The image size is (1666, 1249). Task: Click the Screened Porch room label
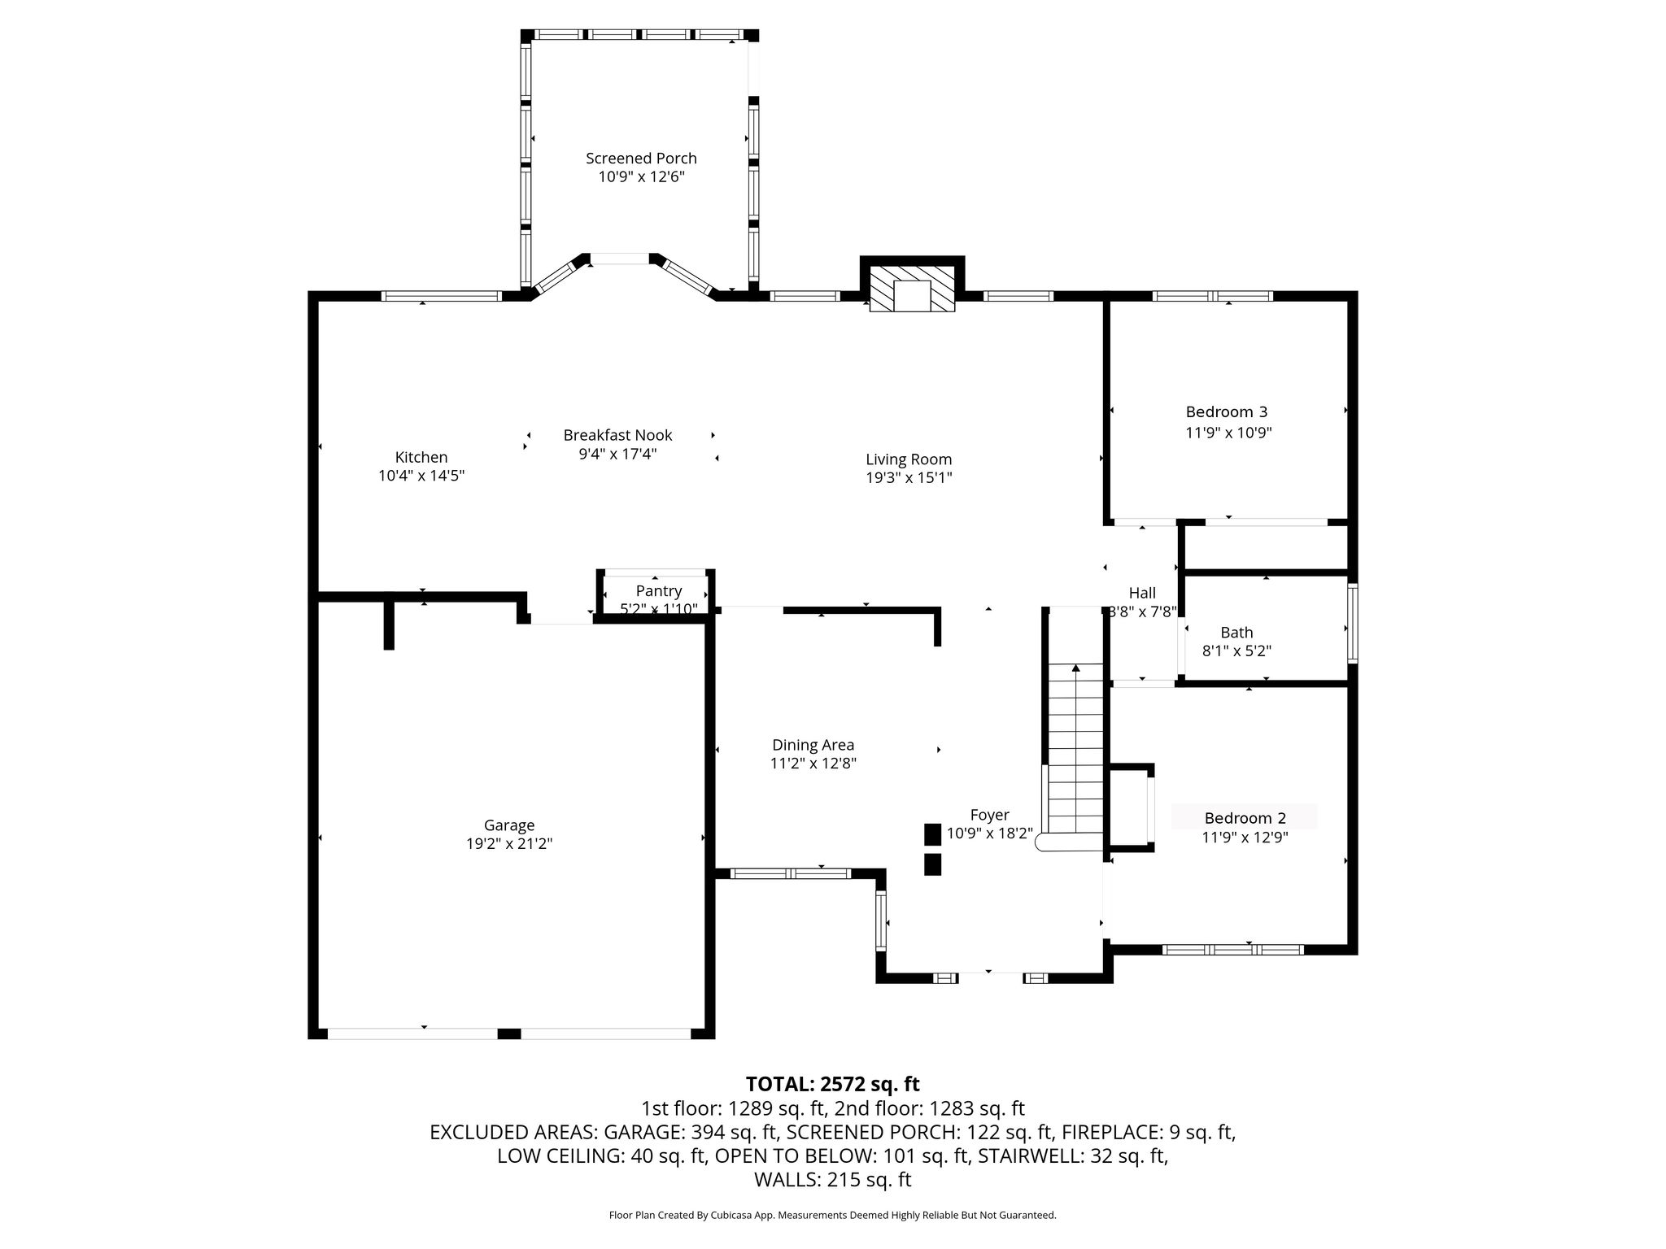[641, 158]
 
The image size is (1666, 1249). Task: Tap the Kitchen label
[421, 457]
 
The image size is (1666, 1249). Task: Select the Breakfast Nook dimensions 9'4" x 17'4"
[617, 454]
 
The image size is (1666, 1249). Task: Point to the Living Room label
[909, 459]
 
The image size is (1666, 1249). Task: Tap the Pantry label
[659, 590]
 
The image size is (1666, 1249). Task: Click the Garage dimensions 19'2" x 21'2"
[509, 844]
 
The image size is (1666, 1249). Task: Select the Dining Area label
[813, 745]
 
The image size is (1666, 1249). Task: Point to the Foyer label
[990, 815]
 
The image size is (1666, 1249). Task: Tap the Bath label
[1236, 633]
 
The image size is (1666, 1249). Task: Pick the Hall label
[1142, 594]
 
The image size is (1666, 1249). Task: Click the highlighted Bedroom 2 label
[1245, 818]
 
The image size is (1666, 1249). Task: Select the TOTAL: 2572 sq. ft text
[833, 1084]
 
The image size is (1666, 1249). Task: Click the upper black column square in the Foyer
[932, 835]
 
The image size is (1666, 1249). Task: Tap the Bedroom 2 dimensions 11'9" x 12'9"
[1245, 838]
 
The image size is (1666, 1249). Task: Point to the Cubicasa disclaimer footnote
[833, 1215]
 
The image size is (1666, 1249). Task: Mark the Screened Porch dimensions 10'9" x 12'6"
[642, 177]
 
